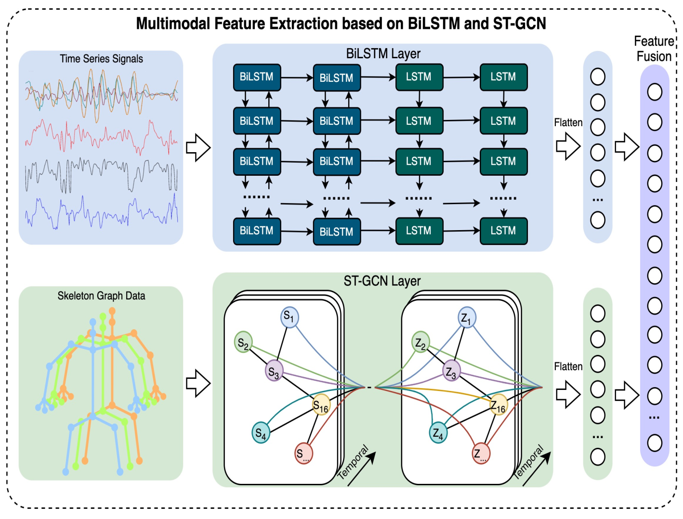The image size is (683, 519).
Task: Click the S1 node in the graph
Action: pyautogui.click(x=289, y=317)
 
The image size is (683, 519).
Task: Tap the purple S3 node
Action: pyautogui.click(x=274, y=371)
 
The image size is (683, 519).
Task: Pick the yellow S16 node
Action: pyautogui.click(x=321, y=404)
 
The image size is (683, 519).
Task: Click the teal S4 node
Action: pyautogui.click(x=261, y=432)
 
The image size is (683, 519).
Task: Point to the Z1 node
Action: pyautogui.click(x=467, y=317)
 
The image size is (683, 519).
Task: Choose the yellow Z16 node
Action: pyautogui.click(x=499, y=404)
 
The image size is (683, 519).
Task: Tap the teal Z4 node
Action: pyautogui.click(x=438, y=432)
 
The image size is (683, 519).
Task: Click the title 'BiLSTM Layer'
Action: pyautogui.click(x=383, y=54)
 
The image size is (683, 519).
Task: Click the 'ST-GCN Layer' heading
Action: pyautogui.click(x=382, y=281)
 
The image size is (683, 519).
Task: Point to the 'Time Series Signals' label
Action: pyautogui.click(x=101, y=59)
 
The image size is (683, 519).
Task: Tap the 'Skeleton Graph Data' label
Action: pyautogui.click(x=101, y=296)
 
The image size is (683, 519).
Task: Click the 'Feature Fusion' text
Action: pyautogui.click(x=654, y=49)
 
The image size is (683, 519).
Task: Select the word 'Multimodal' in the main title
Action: pyautogui.click(x=173, y=23)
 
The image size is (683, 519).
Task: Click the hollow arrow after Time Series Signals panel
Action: pyautogui.click(x=198, y=148)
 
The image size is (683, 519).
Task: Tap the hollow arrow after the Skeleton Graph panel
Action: pyautogui.click(x=198, y=383)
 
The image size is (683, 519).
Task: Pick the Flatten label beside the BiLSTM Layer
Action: pyautogui.click(x=568, y=122)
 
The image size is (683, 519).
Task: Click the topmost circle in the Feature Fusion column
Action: pyautogui.click(x=655, y=92)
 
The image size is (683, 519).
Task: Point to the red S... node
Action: pyautogui.click(x=303, y=454)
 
